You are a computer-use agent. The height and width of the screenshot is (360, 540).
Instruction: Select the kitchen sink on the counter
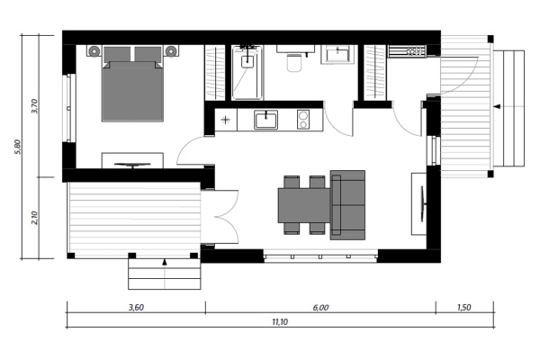tap(265, 119)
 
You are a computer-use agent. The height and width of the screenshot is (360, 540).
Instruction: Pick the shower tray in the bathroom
tap(247, 71)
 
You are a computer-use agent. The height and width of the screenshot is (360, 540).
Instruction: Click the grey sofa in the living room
tap(348, 205)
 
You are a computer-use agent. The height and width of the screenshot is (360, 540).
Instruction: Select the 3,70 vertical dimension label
tap(34, 106)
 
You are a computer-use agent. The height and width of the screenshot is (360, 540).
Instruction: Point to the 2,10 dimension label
tap(34, 217)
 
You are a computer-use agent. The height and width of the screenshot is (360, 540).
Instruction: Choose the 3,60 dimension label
tap(135, 307)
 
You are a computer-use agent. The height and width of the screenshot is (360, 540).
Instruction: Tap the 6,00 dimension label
tap(320, 307)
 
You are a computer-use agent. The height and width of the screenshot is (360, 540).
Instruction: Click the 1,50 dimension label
tap(463, 307)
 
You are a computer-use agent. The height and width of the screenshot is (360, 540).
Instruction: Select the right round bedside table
tap(171, 52)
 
